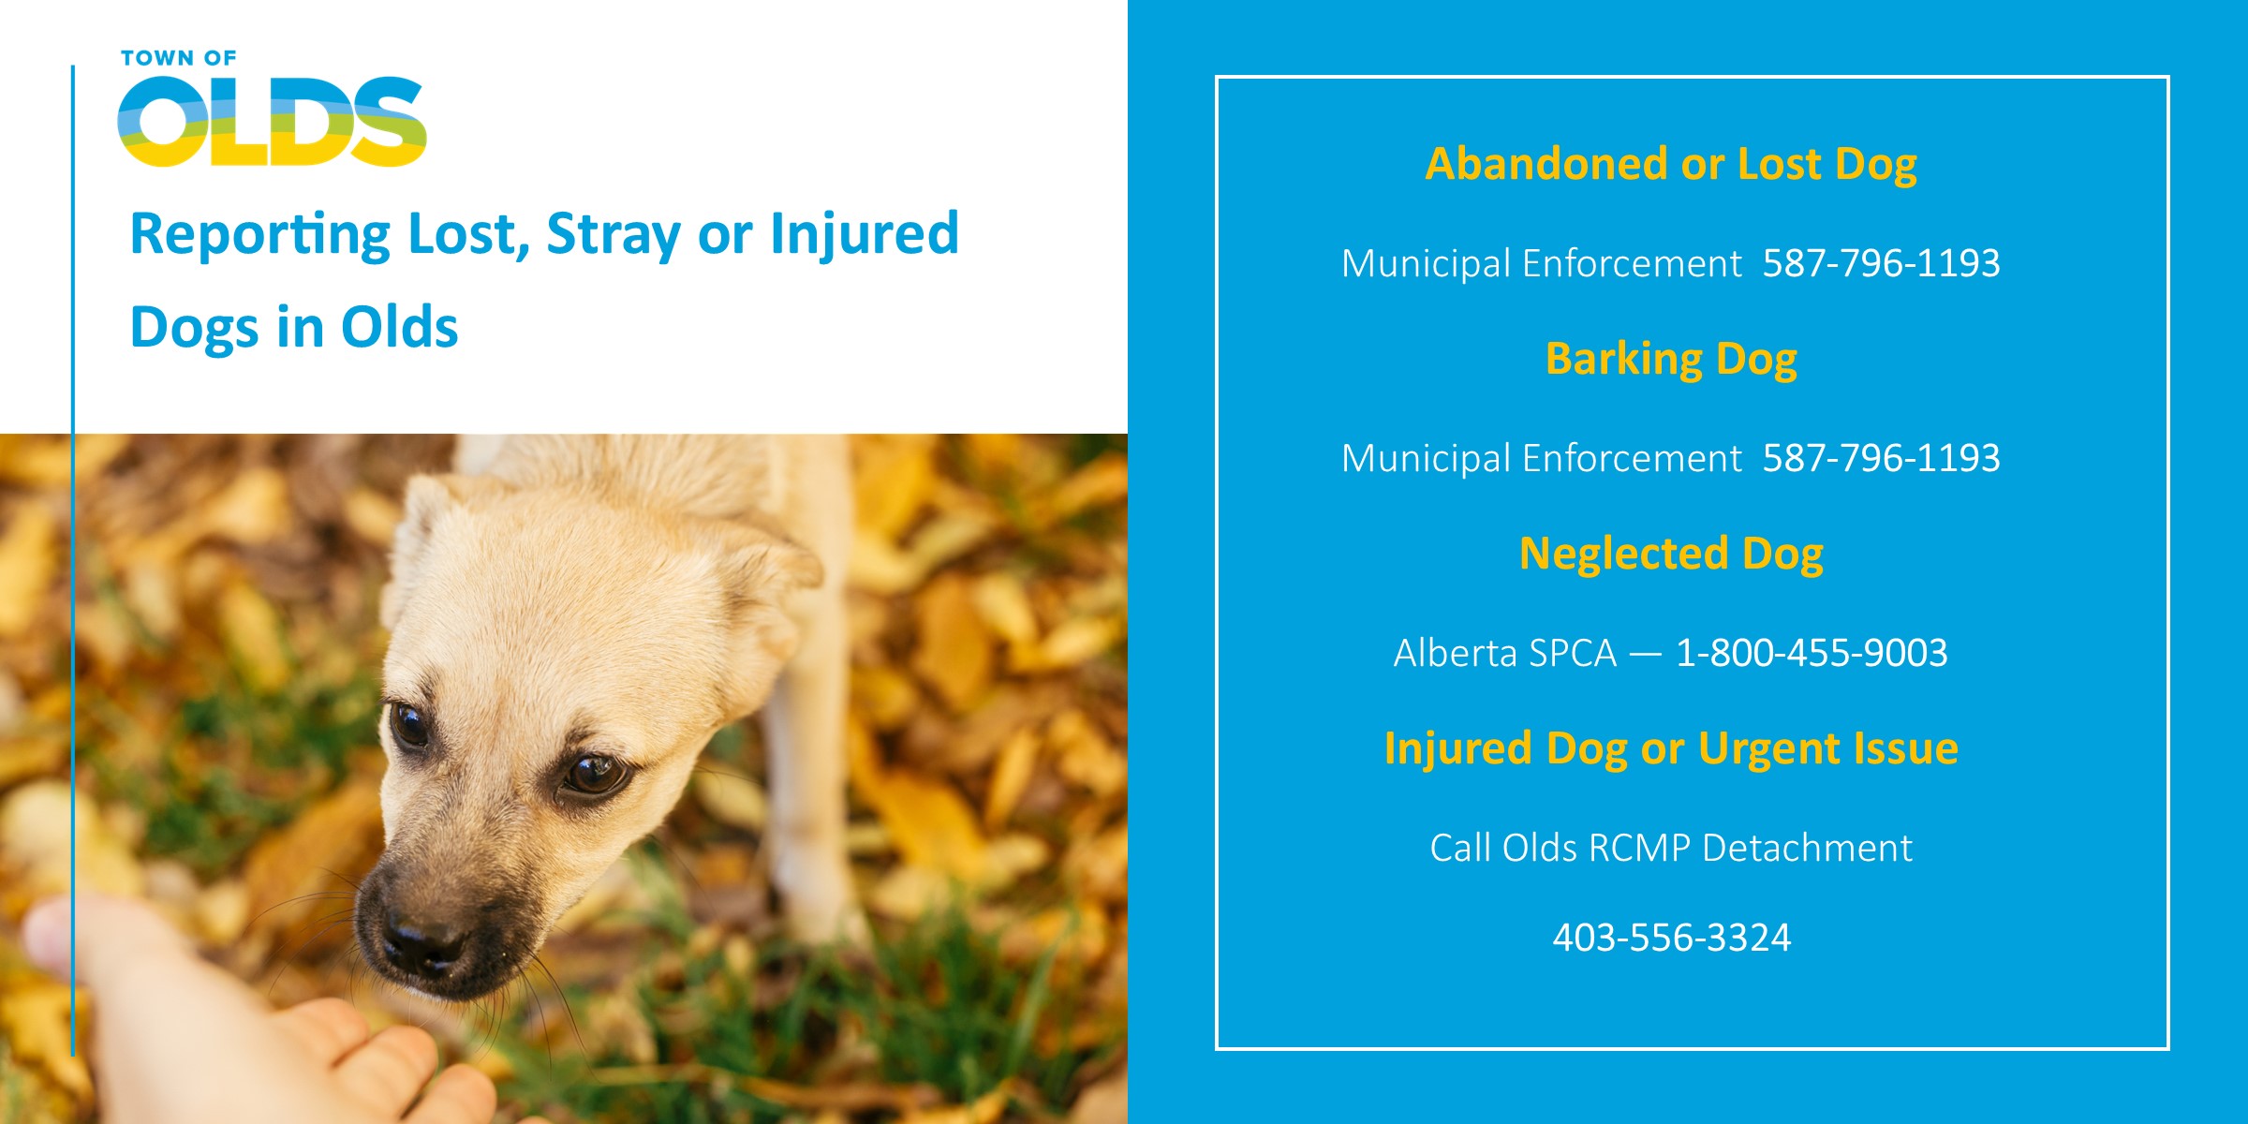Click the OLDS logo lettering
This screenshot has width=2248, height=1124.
point(272,122)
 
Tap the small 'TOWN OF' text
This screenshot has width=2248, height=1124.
point(179,58)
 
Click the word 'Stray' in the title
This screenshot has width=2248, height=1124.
point(614,235)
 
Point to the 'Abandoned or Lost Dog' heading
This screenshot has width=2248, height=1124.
point(1671,165)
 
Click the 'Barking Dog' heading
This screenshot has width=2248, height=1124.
point(1671,360)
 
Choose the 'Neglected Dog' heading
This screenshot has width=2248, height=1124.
point(1671,555)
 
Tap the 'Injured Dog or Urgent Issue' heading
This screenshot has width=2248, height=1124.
point(1671,749)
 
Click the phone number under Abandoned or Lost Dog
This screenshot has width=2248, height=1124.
point(1881,263)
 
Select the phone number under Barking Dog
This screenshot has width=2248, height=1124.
point(1881,458)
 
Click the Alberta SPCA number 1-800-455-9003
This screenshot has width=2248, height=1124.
point(1812,653)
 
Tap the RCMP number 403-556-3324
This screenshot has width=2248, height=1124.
point(1672,938)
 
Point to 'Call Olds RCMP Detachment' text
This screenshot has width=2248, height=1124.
point(1671,848)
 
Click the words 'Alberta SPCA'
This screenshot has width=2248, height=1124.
point(1505,653)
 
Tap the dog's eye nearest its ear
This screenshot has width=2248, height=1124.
point(593,774)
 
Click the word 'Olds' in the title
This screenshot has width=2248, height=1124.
point(399,327)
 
